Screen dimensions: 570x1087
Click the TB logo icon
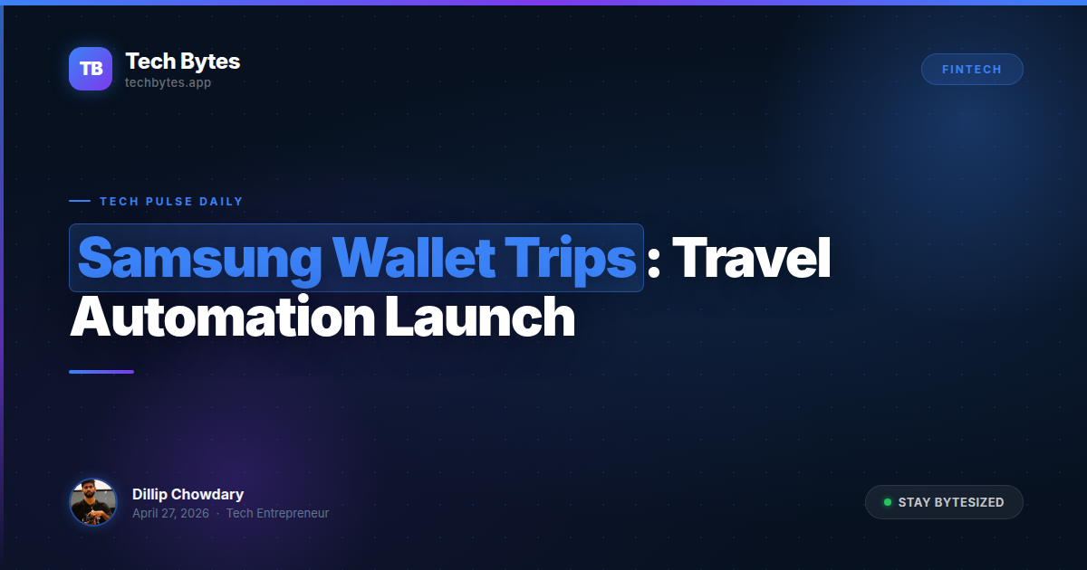(x=91, y=69)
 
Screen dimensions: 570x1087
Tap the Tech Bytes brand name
(x=182, y=62)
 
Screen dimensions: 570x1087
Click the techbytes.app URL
(x=168, y=82)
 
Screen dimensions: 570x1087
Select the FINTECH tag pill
(x=972, y=70)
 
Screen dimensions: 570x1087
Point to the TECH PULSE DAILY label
(x=171, y=202)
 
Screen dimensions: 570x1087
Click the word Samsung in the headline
(x=199, y=259)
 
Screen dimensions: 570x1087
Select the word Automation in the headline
(x=221, y=318)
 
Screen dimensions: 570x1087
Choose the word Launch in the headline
(x=480, y=318)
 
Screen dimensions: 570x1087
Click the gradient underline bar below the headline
(x=101, y=372)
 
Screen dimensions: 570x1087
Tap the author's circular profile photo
(x=93, y=502)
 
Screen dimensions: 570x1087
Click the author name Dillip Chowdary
(x=188, y=494)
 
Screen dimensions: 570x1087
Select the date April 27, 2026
(x=170, y=514)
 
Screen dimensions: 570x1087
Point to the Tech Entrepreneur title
(x=277, y=514)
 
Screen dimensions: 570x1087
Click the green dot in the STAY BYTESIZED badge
(x=888, y=502)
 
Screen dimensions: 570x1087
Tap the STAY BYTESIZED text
(x=951, y=502)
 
